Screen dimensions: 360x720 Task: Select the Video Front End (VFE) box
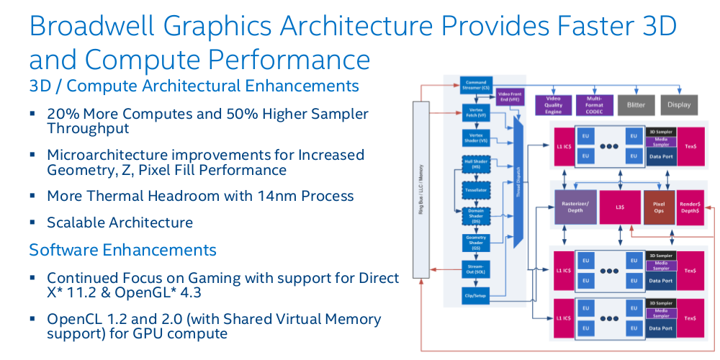pyautogui.click(x=509, y=96)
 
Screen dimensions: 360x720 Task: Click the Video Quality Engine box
pyautogui.click(x=553, y=104)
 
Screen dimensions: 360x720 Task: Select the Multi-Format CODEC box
pyautogui.click(x=594, y=104)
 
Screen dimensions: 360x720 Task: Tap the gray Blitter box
pyautogui.click(x=636, y=104)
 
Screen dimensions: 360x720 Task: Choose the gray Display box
pyautogui.click(x=679, y=104)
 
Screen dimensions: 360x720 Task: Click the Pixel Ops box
pyautogui.click(x=659, y=207)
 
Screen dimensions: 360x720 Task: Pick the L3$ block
pyautogui.click(x=619, y=207)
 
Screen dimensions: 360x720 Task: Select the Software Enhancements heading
pyautogui.click(x=122, y=250)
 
